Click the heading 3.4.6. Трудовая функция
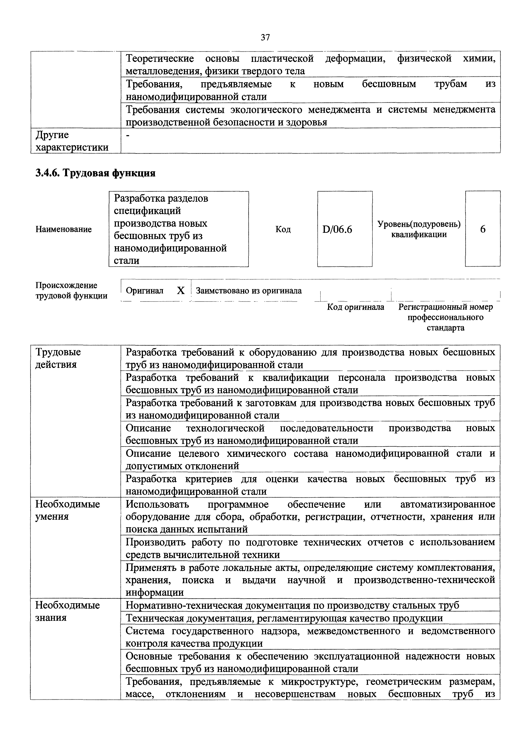point(95,173)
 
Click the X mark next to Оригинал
point(181,290)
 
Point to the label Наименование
point(63,229)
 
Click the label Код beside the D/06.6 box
point(283,229)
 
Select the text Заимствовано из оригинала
point(249,290)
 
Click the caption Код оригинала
point(356,307)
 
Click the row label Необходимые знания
point(67,611)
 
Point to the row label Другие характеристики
point(72,141)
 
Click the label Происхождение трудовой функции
point(71,290)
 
